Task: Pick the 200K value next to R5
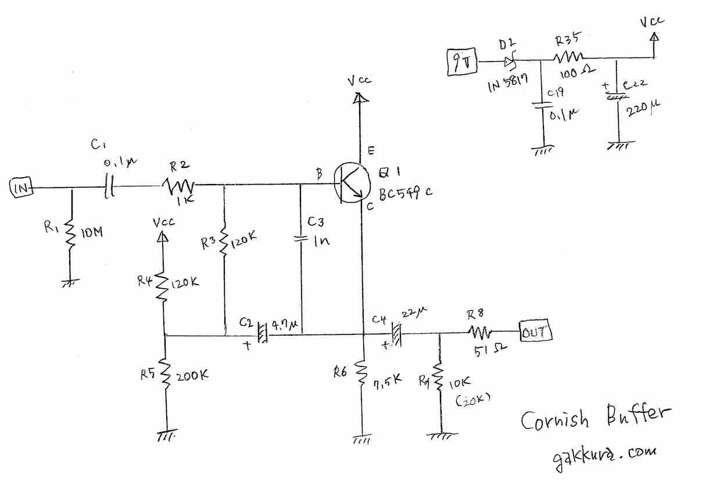192,376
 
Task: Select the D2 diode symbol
510,60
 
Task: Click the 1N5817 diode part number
508,86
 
